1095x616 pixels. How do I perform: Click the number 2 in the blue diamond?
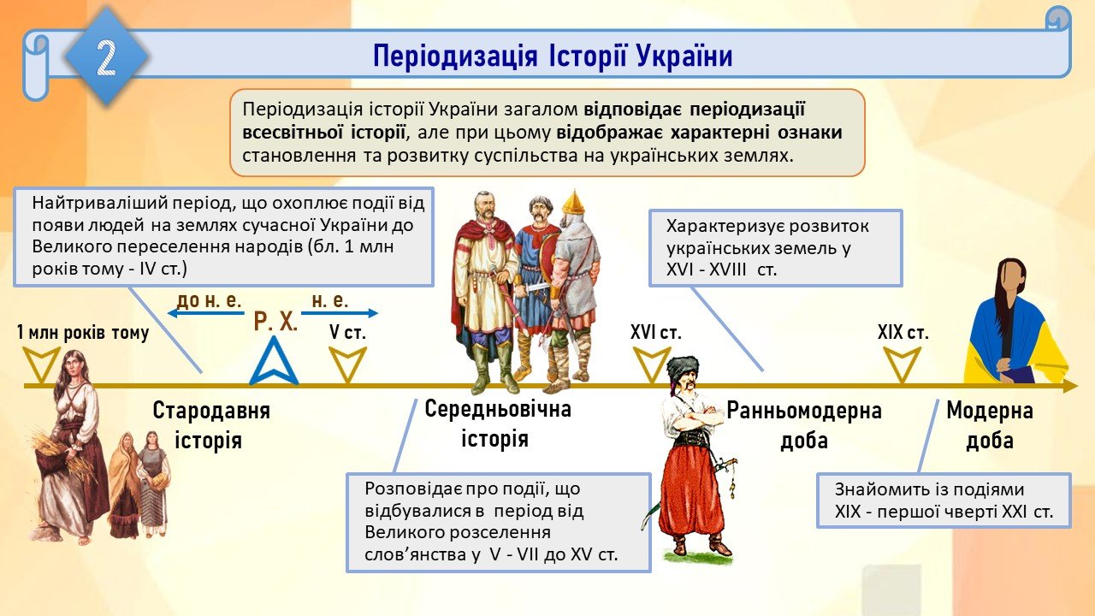coord(106,57)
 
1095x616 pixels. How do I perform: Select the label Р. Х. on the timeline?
coord(275,322)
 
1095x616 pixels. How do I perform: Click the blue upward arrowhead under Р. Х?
coord(274,361)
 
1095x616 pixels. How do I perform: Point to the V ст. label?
coord(347,333)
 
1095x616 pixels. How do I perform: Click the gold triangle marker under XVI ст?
coord(652,364)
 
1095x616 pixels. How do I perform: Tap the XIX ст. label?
coord(903,333)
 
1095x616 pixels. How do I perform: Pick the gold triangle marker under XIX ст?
coord(903,364)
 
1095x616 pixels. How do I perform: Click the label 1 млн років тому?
coord(83,333)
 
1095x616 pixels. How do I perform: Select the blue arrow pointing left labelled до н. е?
coord(206,313)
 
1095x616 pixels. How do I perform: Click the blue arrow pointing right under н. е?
coord(340,313)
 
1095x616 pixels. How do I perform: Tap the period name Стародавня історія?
coord(211,425)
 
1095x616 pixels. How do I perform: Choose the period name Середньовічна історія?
coord(498,423)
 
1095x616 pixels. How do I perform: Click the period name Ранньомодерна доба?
coord(804,425)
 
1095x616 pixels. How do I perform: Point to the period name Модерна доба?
coord(990,425)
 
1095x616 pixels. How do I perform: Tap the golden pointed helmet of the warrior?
coord(573,202)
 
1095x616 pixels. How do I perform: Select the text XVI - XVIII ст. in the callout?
coord(721,269)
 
